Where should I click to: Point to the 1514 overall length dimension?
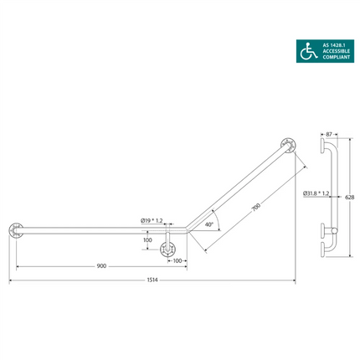tap(152, 280)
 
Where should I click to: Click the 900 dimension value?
tap(100, 267)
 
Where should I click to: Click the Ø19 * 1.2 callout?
tap(153, 221)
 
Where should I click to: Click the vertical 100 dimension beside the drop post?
tap(147, 240)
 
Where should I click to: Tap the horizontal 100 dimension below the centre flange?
tap(177, 261)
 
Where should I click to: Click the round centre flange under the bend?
tap(169, 248)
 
